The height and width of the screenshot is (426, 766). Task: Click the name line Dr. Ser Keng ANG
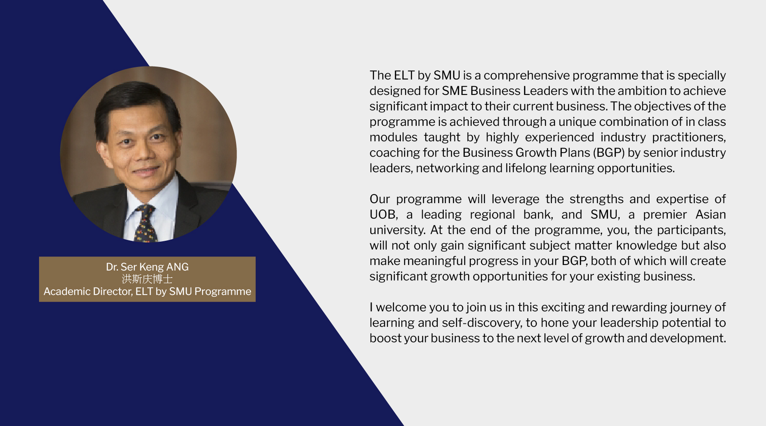[147, 267]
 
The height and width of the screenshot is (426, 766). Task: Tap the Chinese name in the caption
[147, 279]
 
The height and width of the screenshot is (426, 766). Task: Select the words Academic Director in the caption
[88, 291]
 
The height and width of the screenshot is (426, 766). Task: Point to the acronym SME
[454, 91]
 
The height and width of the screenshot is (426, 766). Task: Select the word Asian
[711, 214]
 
